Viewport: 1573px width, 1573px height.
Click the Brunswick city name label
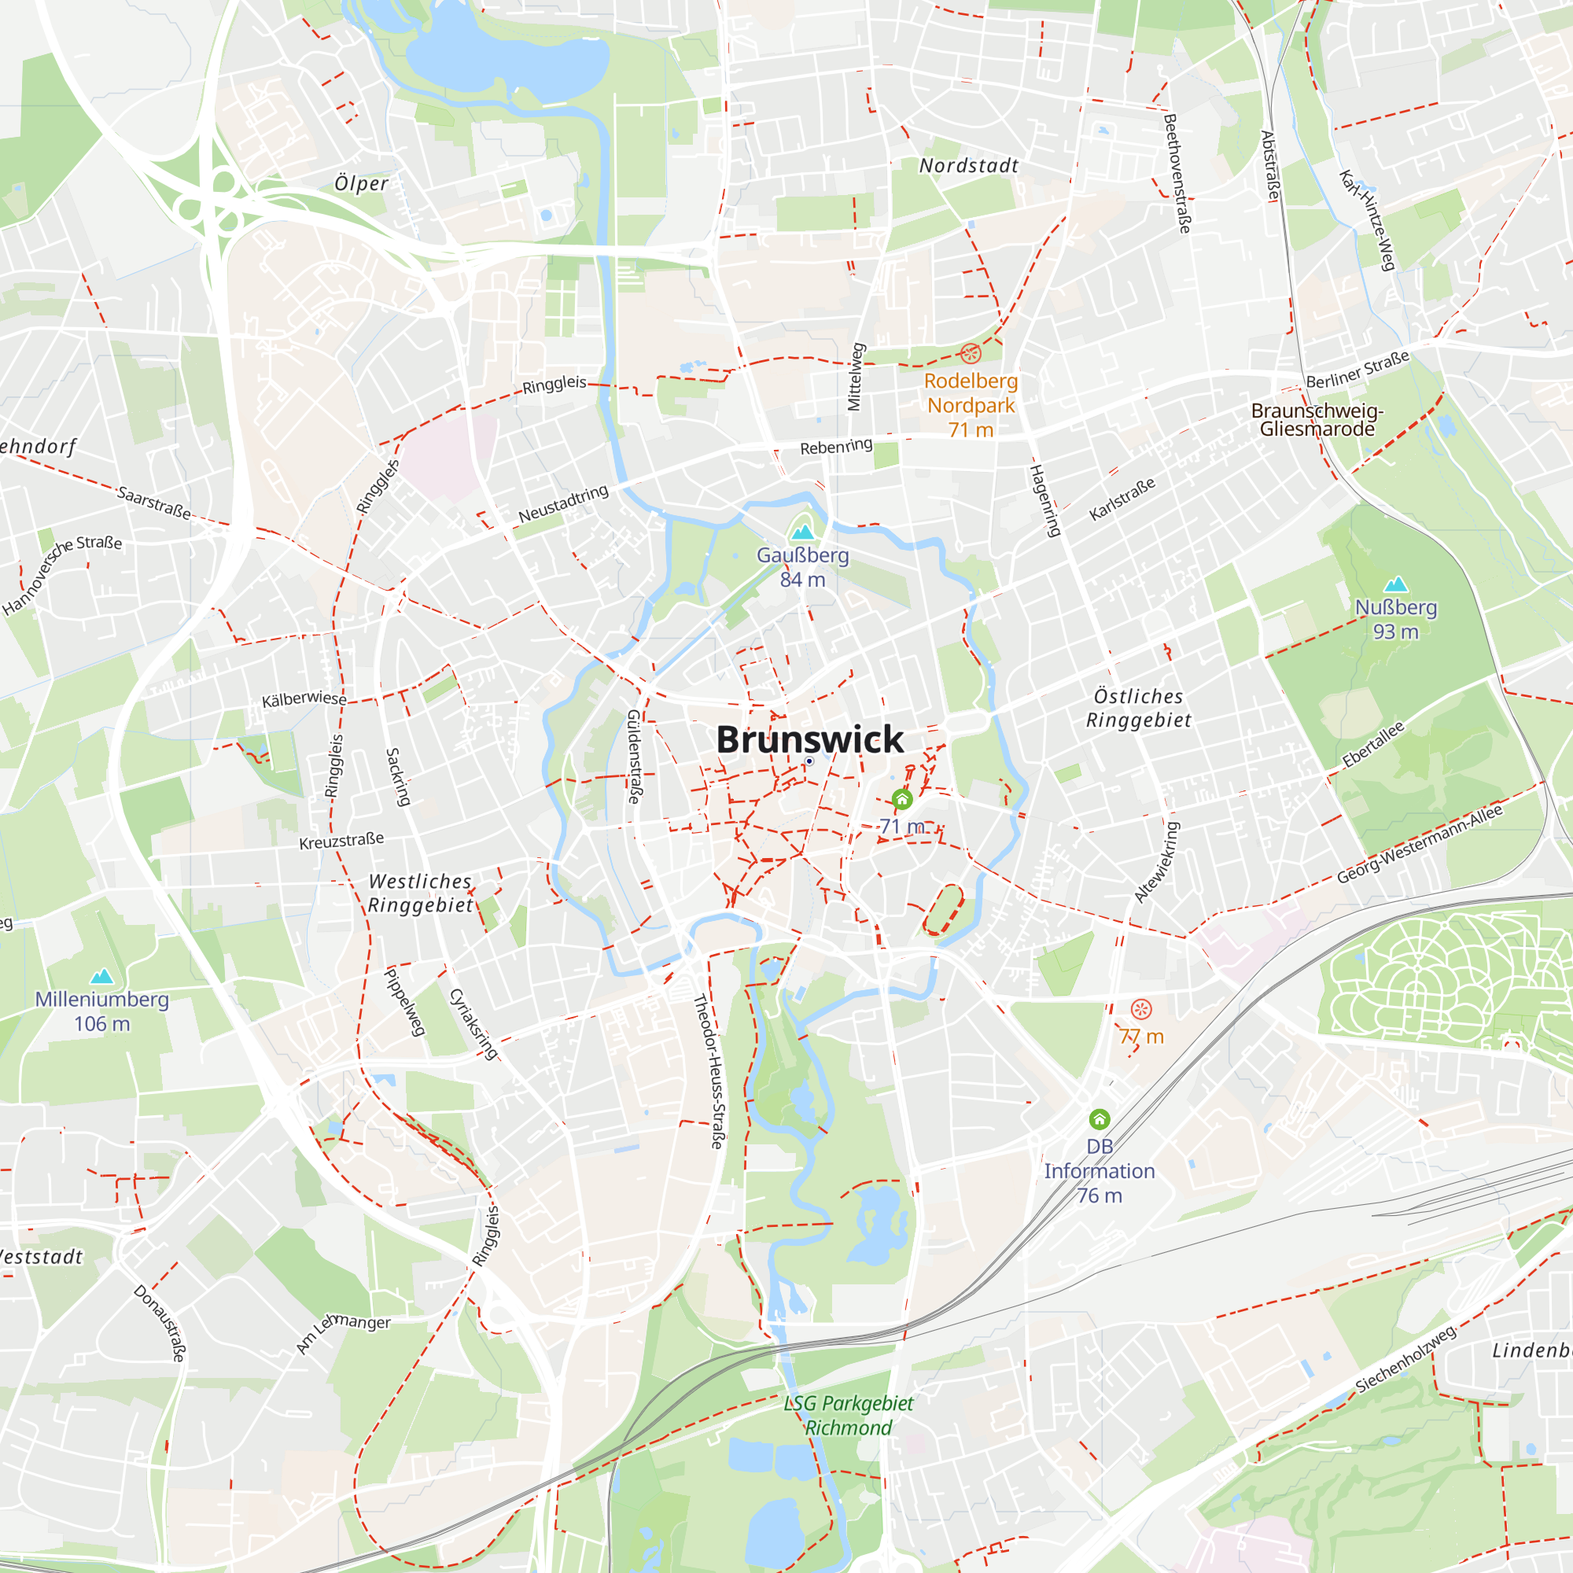809,739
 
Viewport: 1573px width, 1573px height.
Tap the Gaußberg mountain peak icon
803,532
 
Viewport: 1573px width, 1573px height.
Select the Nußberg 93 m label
1395,620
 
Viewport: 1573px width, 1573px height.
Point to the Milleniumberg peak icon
101,975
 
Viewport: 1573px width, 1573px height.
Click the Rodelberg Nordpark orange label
971,393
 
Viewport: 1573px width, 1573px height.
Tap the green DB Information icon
1100,1119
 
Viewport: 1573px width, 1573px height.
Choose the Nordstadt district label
969,166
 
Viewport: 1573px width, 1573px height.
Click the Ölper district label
362,184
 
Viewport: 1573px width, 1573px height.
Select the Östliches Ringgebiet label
1138,709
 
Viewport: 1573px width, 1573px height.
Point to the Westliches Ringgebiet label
420,893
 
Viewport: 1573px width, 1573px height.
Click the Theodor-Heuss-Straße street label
708,1071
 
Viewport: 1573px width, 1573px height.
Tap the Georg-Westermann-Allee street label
1420,843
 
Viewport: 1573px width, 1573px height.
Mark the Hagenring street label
1045,500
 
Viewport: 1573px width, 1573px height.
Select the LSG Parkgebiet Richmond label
849,1416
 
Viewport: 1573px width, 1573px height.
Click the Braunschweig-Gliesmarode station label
1317,420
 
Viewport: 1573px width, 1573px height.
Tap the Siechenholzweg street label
1405,1359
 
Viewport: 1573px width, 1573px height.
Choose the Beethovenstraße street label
1177,172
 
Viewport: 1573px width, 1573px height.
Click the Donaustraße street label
160,1323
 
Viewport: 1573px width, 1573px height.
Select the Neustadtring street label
563,504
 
